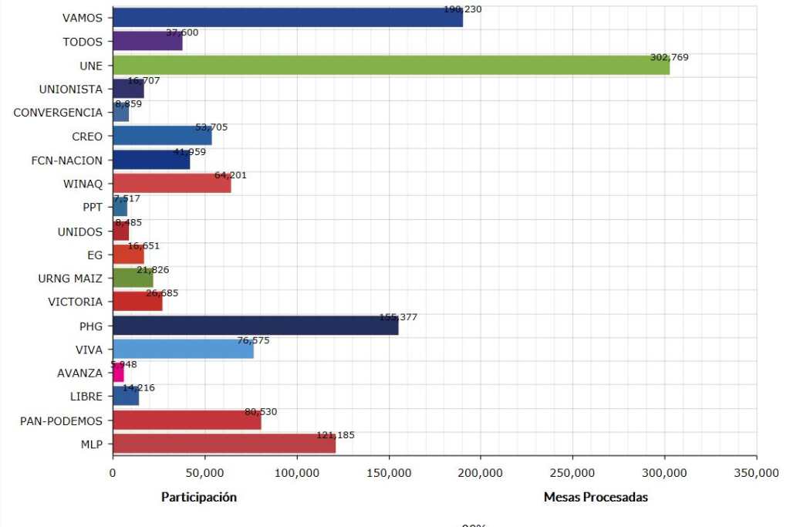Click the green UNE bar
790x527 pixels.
390,65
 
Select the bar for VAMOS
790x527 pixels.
287,17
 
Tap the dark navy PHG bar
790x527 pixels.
255,326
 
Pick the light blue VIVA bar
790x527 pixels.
183,349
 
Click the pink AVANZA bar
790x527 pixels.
118,373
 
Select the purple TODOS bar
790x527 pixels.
147,41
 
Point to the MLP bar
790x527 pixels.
224,444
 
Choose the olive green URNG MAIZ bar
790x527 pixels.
133,279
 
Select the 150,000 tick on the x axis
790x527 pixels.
389,471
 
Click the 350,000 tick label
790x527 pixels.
756,471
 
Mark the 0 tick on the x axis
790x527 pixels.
113,471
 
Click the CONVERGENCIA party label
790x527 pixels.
58,113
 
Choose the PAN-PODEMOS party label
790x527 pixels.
62,421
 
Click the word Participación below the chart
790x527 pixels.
198,498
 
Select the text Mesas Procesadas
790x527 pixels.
596,498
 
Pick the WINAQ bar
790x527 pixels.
171,184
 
